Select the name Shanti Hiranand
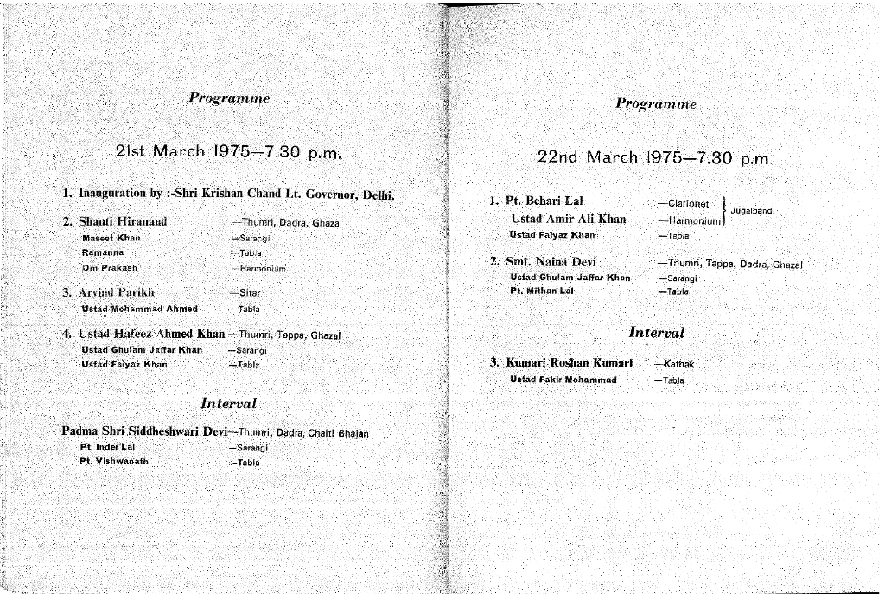122,221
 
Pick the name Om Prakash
110,267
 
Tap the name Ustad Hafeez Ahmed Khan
152,334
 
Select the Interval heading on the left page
228,403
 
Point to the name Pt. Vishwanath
114,461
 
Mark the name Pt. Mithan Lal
542,291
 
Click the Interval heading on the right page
656,332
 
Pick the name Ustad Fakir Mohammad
563,379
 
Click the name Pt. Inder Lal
108,447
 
